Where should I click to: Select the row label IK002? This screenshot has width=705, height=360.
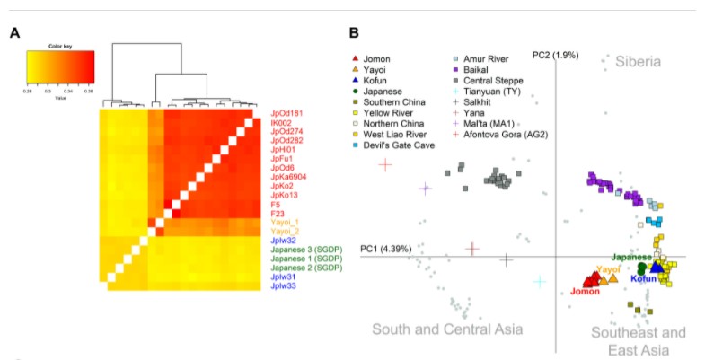(281, 123)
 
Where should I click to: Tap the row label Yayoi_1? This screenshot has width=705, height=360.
(285, 221)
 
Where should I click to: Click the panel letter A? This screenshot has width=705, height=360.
(14, 34)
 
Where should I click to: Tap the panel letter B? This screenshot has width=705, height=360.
(355, 34)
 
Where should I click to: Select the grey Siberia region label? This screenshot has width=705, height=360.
(638, 62)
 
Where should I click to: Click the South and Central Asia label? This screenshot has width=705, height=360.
(447, 329)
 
